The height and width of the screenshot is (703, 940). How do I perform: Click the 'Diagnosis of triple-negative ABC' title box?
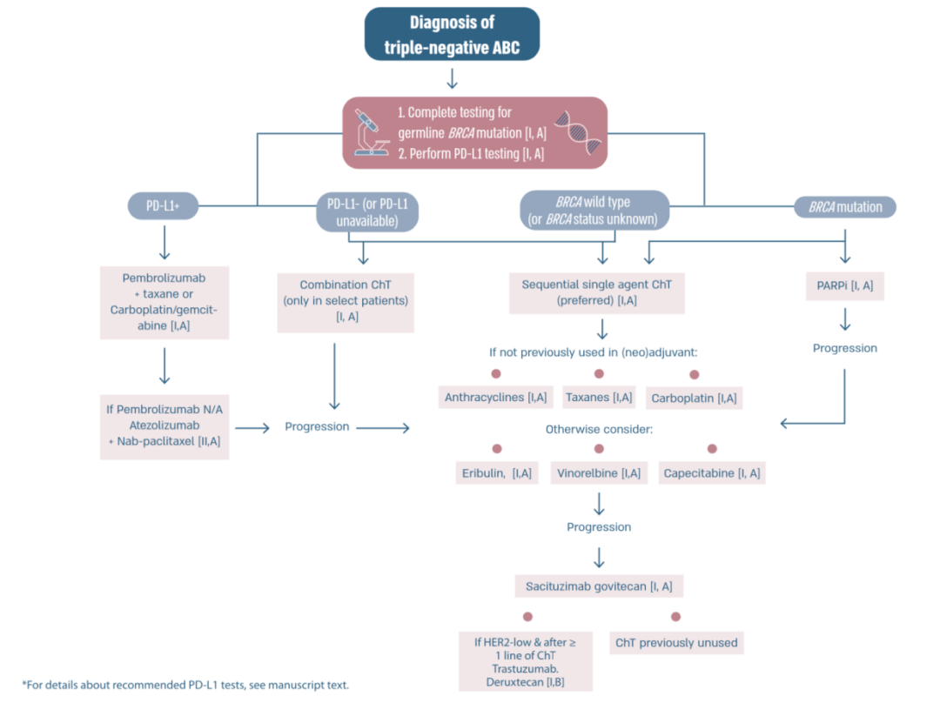pyautogui.click(x=452, y=36)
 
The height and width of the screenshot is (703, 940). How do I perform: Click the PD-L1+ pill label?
pyautogui.click(x=163, y=206)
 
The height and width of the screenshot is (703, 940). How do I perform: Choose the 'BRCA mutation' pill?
pyautogui.click(x=844, y=207)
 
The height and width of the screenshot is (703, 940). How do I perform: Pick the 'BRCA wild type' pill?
pyautogui.click(x=594, y=211)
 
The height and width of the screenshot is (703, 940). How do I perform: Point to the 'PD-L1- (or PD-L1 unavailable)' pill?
pyautogui.click(x=366, y=212)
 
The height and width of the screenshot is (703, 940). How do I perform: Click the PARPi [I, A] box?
pyautogui.click(x=844, y=285)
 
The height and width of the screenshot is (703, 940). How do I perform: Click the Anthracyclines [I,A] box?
pyautogui.click(x=495, y=398)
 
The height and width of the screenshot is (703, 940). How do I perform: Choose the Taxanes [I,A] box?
pyautogui.click(x=598, y=398)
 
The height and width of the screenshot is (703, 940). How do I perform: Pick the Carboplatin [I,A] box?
pyautogui.click(x=694, y=398)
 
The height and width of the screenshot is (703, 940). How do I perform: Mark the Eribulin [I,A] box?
pyautogui.click(x=496, y=473)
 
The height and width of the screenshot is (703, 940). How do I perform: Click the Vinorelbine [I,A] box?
pyautogui.click(x=598, y=473)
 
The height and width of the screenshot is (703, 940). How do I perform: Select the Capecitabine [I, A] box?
pyautogui.click(x=711, y=473)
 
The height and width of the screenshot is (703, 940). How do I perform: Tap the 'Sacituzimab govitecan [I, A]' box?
pyautogui.click(x=598, y=586)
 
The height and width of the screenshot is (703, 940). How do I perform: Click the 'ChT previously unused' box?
pyautogui.click(x=676, y=643)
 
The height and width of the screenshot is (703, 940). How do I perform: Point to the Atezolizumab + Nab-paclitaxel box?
pyautogui.click(x=164, y=426)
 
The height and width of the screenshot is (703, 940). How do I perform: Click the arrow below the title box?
pyautogui.click(x=452, y=78)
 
